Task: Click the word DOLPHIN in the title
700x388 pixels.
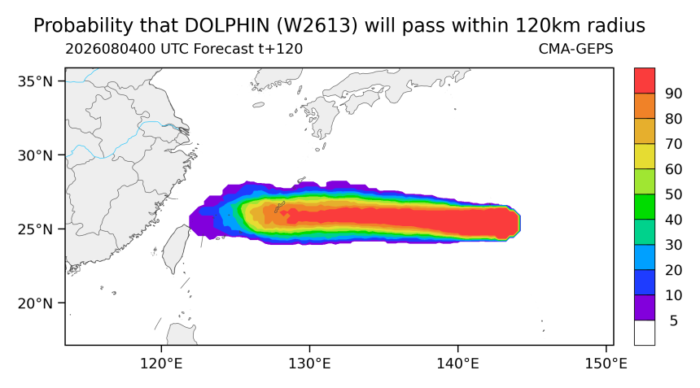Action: (226, 26)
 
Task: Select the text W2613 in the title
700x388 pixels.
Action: (317, 26)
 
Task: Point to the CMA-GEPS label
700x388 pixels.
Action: (576, 49)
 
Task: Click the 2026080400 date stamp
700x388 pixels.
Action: (112, 49)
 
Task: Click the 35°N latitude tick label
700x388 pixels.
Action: (35, 81)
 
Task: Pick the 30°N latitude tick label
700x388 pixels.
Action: (35, 155)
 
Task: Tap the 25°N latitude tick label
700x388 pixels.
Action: (35, 229)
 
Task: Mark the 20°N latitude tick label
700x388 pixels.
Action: (35, 303)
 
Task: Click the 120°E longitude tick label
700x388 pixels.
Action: (161, 364)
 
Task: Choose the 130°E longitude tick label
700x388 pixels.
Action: (309, 364)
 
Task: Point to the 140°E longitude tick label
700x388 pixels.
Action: (457, 364)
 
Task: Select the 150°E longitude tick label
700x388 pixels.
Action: (606, 364)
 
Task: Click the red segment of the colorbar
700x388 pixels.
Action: (645, 81)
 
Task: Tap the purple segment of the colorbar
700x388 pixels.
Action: (645, 307)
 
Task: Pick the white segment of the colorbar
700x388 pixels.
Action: (645, 333)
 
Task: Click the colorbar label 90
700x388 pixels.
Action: (674, 94)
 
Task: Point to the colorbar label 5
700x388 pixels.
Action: (674, 320)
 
